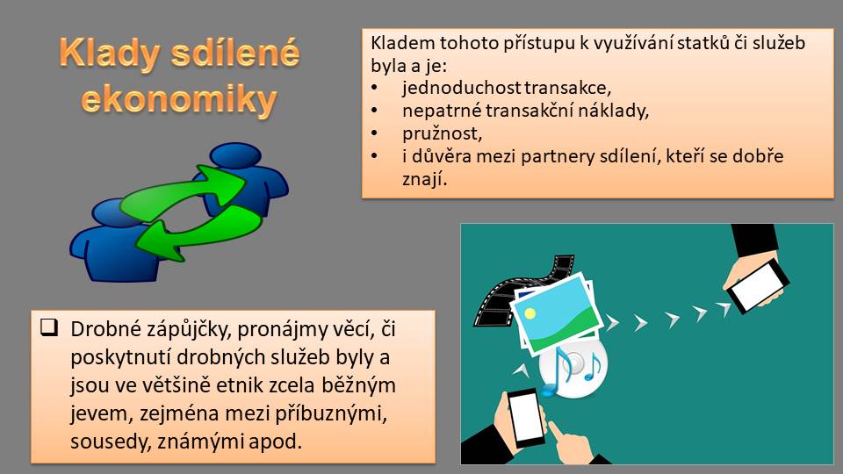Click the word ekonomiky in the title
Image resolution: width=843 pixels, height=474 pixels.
[178, 99]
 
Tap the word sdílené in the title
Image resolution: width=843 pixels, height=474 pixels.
[235, 53]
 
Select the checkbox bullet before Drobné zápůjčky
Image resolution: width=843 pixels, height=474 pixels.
[49, 327]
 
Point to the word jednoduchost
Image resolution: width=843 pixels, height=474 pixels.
[461, 88]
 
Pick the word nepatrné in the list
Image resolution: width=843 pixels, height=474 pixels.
[442, 111]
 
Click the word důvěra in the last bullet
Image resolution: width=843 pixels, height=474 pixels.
[442, 156]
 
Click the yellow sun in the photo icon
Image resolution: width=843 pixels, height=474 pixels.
[530, 312]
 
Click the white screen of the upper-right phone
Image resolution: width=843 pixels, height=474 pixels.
[758, 284]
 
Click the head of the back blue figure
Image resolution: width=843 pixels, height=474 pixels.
[235, 155]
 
